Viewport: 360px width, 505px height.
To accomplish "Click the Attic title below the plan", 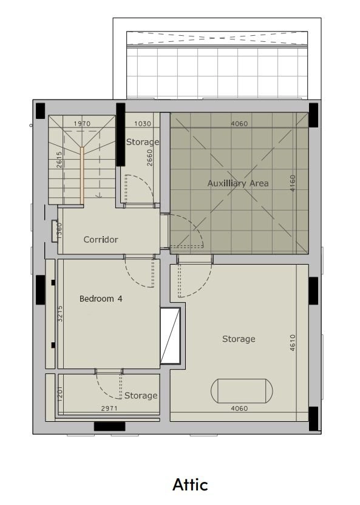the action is pos(190,485).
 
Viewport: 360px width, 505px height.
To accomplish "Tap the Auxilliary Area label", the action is pos(238,183).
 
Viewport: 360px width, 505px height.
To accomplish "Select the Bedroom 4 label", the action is pos(101,299).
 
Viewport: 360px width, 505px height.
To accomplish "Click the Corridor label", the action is pos(101,239).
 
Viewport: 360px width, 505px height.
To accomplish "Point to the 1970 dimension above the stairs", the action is pos(82,123).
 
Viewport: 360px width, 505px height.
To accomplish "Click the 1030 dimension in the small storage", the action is pos(143,123).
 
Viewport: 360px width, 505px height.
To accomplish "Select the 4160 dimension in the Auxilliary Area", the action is pos(293,183).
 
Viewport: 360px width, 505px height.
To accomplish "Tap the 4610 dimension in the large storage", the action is pos(293,342).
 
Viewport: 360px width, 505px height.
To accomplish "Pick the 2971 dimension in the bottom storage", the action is pos(109,408).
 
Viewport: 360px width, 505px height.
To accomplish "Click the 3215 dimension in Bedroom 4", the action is pos(60,314).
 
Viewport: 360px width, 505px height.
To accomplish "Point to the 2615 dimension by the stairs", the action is pos(59,160).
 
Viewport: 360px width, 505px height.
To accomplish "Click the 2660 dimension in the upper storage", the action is pos(149,158).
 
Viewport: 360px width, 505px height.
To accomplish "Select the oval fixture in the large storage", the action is pos(242,391).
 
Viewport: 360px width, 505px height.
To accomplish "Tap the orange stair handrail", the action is pos(82,175).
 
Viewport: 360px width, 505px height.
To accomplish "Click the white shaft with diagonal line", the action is pos(170,336).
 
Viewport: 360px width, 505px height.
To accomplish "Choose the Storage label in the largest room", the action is pos(239,339).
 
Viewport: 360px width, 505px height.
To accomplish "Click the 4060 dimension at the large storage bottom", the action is pos(239,408).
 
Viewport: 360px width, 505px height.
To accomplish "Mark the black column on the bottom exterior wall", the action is pos(109,427).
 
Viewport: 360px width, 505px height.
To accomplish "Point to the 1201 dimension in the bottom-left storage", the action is pos(60,393).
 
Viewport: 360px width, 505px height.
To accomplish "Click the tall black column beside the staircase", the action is pos(120,135).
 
